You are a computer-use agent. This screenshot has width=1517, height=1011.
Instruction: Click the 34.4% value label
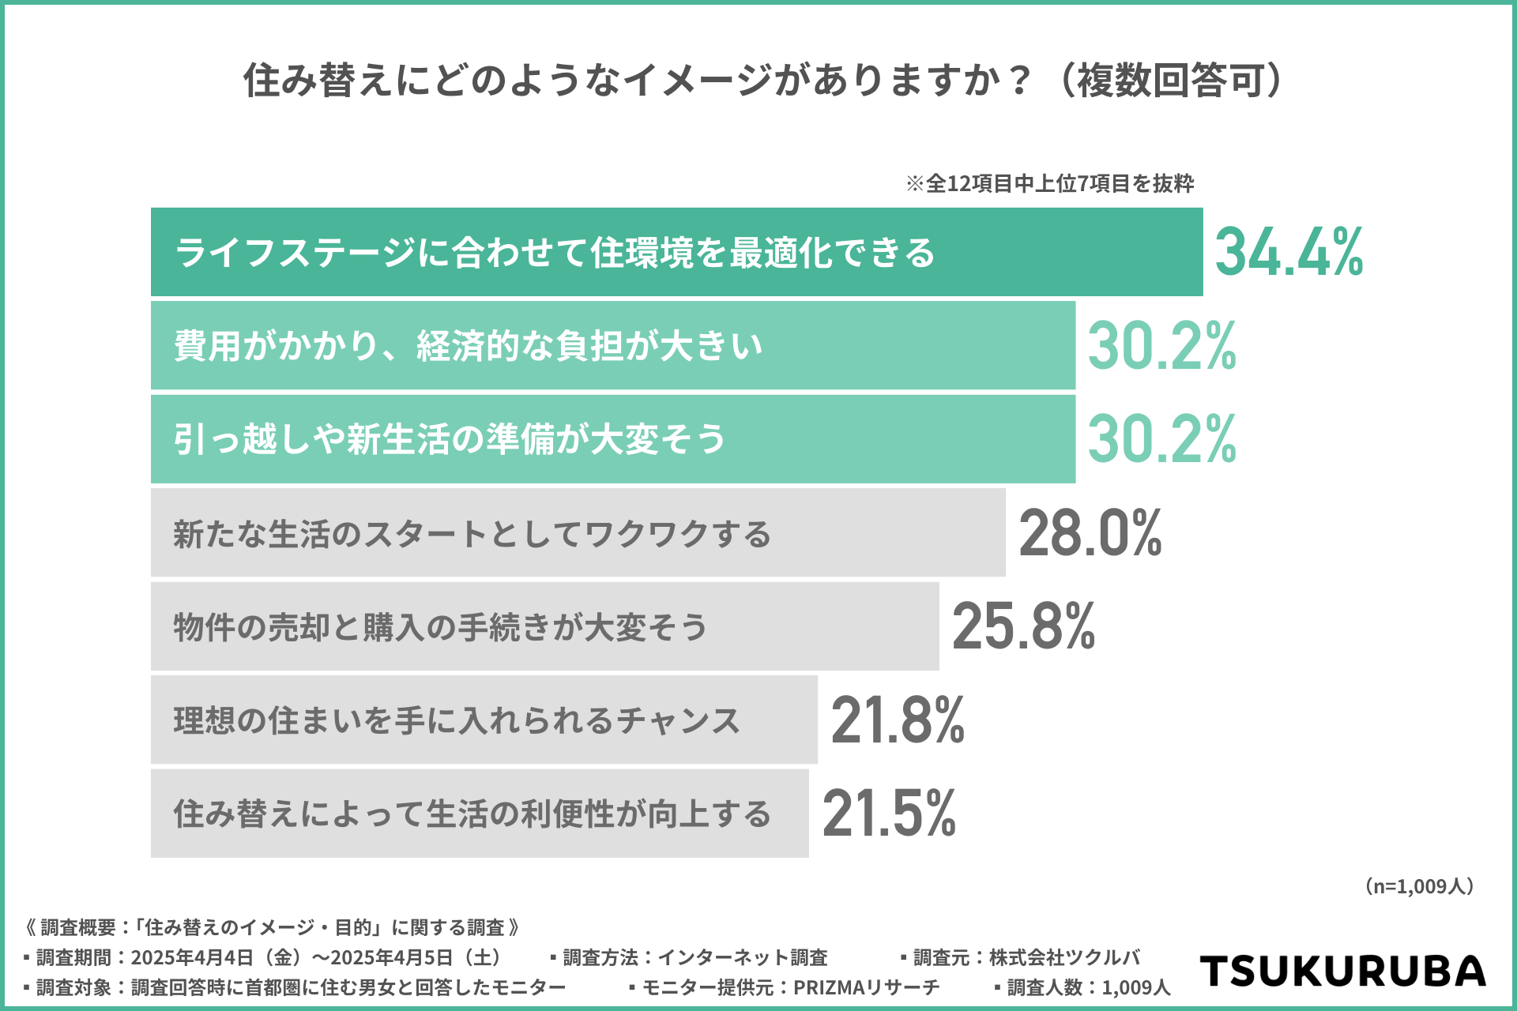click(1289, 252)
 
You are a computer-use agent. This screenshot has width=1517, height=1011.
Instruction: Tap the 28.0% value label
click(1090, 533)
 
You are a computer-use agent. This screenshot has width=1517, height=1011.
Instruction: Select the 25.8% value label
click(1024, 626)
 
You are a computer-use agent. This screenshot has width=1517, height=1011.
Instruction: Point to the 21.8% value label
click(898, 720)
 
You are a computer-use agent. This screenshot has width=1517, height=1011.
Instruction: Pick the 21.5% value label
click(889, 814)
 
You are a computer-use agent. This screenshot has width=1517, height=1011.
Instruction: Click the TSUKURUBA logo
click(1342, 972)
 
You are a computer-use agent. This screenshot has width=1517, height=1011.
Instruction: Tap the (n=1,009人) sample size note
click(1419, 886)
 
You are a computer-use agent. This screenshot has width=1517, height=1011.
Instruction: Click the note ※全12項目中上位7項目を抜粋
click(1049, 183)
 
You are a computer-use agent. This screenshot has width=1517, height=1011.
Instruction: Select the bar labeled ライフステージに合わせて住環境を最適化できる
click(676, 252)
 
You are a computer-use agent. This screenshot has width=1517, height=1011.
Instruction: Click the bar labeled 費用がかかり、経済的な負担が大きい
click(612, 345)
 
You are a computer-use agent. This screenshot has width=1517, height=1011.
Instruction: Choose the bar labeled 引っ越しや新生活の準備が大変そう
click(612, 439)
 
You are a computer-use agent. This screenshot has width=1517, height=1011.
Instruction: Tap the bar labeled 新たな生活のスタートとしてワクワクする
click(578, 533)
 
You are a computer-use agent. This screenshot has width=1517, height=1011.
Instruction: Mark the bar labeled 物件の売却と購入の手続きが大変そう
click(544, 626)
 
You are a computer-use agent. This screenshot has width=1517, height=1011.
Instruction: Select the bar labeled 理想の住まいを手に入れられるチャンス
click(484, 720)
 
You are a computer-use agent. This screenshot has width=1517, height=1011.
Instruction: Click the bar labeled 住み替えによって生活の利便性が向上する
click(480, 814)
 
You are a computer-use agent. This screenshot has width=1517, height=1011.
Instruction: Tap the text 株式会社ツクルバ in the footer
click(1064, 957)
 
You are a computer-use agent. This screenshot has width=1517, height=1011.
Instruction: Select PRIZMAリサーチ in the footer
click(866, 987)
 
